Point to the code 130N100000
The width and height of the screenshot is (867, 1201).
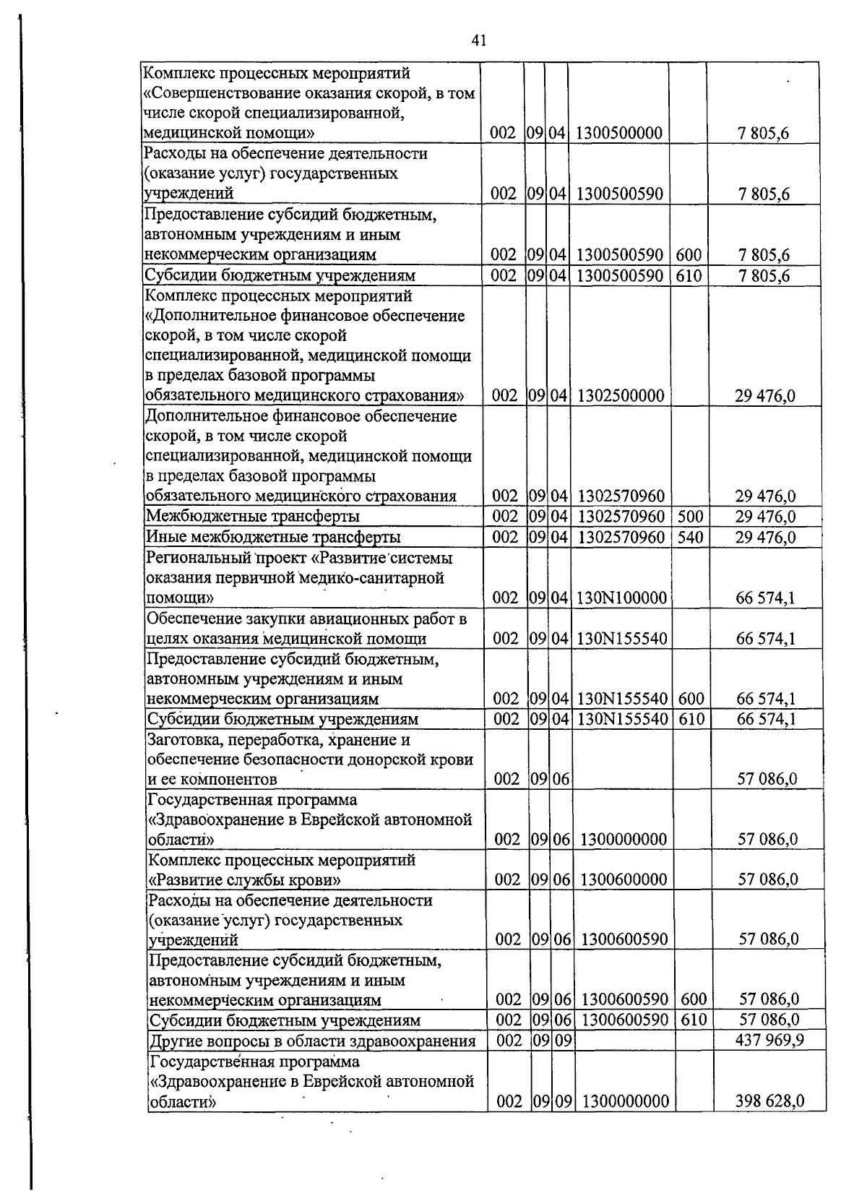(x=621, y=598)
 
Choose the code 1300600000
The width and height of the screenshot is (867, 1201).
(x=624, y=879)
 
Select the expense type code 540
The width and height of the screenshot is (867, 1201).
(x=690, y=537)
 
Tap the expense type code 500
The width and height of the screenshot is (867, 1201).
(x=690, y=517)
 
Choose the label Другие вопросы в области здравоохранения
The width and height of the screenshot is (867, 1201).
(x=312, y=1041)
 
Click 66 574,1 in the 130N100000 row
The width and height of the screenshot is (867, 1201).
(x=766, y=598)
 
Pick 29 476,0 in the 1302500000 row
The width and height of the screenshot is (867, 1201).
(x=766, y=396)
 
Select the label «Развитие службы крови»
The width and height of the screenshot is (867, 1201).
(x=245, y=880)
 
